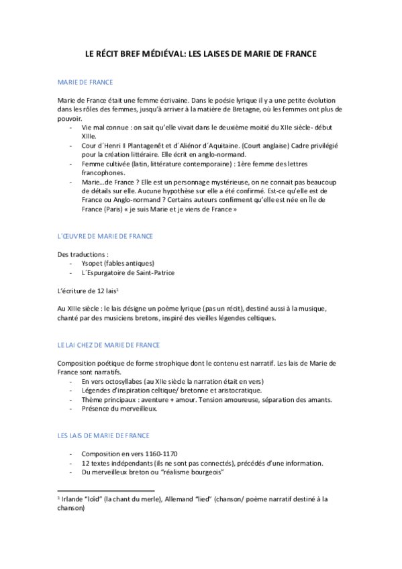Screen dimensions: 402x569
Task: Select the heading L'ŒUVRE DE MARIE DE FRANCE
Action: tap(105, 236)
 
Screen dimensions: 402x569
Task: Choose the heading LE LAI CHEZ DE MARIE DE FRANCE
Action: tap(109, 345)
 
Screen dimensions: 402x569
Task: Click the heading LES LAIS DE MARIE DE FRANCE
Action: tap(103, 435)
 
